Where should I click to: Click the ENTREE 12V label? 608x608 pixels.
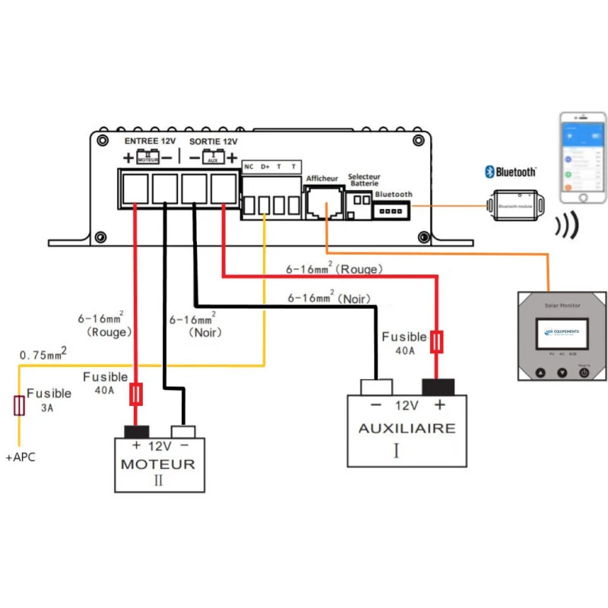pos(150,141)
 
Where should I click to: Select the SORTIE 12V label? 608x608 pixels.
pos(214,141)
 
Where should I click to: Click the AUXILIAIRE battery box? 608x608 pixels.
pos(407,429)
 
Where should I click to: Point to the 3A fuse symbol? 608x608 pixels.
pos(17,404)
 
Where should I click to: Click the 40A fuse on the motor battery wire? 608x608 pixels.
pos(137,394)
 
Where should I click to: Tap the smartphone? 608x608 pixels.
pos(583,158)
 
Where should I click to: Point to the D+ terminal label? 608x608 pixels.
pos(265,166)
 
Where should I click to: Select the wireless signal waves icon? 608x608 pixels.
pos(566,225)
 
